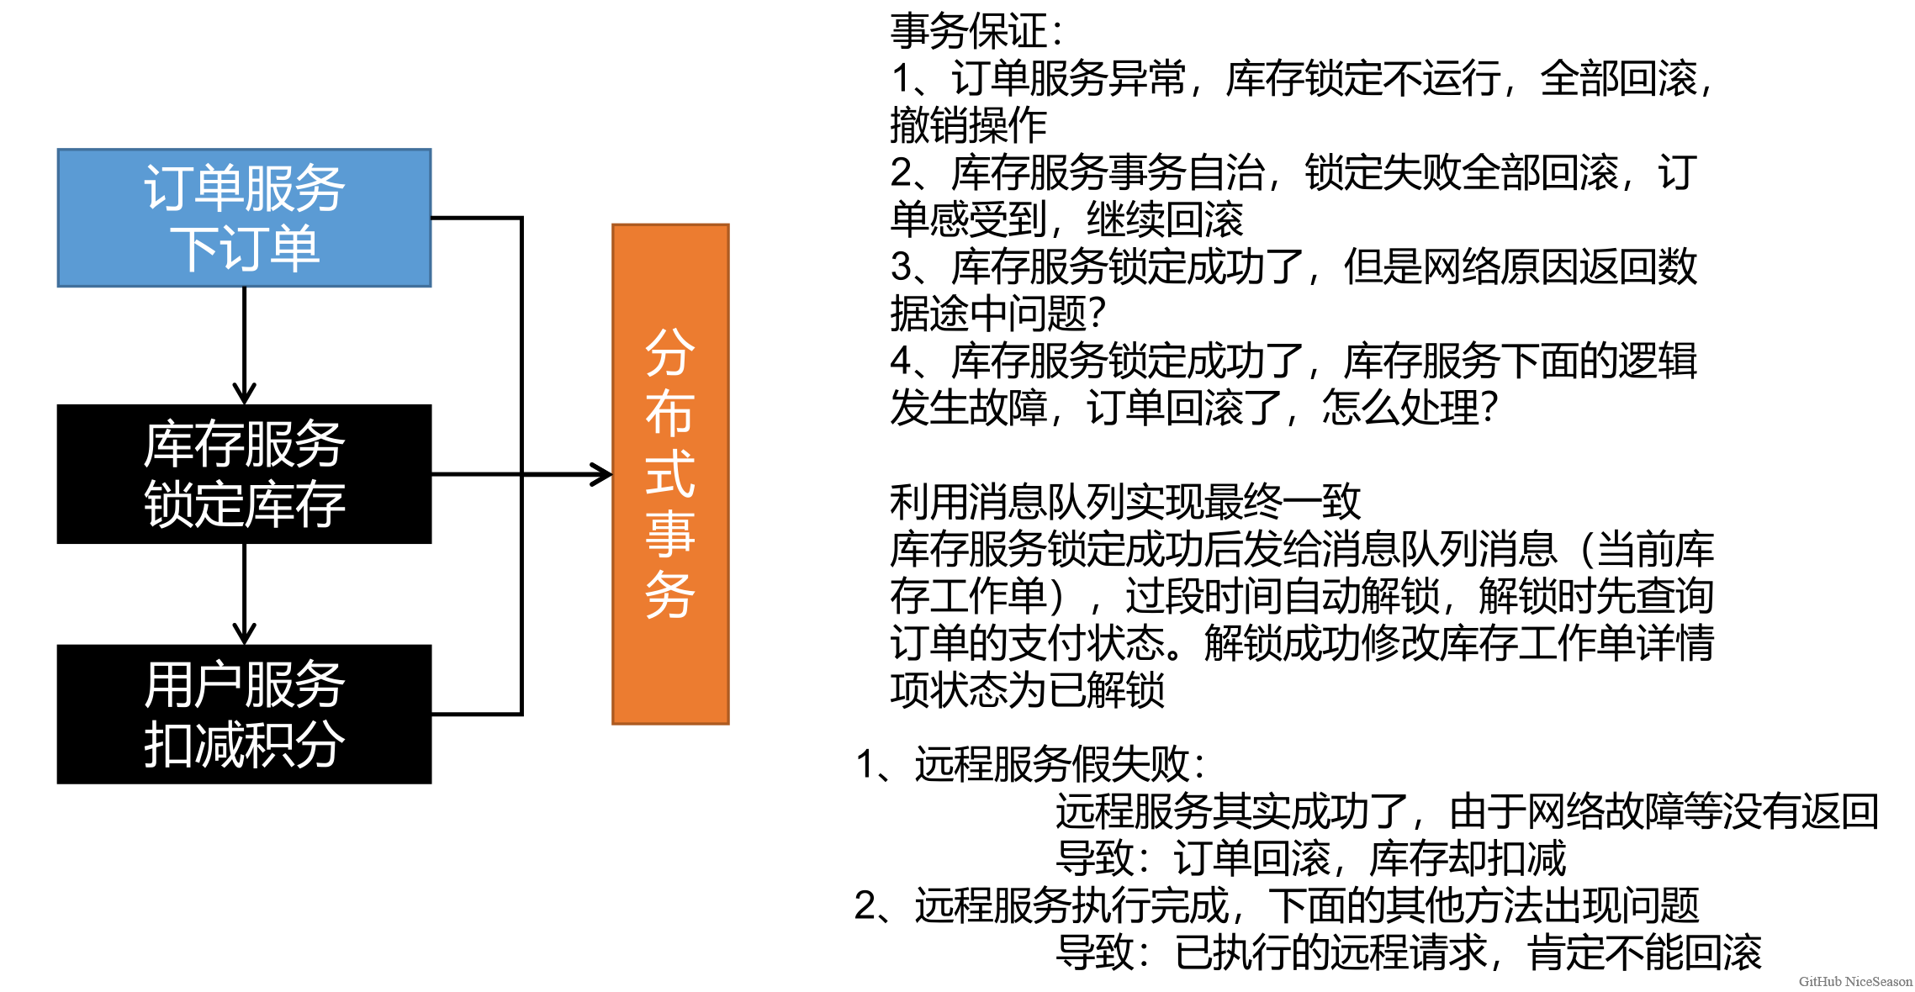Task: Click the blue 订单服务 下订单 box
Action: pyautogui.click(x=244, y=218)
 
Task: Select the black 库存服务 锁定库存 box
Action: pyautogui.click(x=244, y=474)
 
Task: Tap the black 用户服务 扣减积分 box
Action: pyautogui.click(x=244, y=714)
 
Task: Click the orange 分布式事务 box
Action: pyautogui.click(x=670, y=474)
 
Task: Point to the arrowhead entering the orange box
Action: pyautogui.click(x=602, y=475)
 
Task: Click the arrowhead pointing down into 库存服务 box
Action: pyautogui.click(x=244, y=393)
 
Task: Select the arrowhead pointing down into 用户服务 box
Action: pyautogui.click(x=244, y=633)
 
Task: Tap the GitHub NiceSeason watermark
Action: pyautogui.click(x=1855, y=981)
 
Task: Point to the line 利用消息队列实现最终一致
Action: pyautogui.click(x=1124, y=502)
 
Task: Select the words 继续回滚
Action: pyautogui.click(x=1165, y=220)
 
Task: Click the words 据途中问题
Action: pyautogui.click(x=988, y=314)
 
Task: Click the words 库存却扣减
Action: pyautogui.click(x=1468, y=858)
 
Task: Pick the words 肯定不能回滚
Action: pyautogui.click(x=1644, y=952)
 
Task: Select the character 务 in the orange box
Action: pyautogui.click(x=670, y=595)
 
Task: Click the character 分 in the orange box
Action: pyautogui.click(x=670, y=352)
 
